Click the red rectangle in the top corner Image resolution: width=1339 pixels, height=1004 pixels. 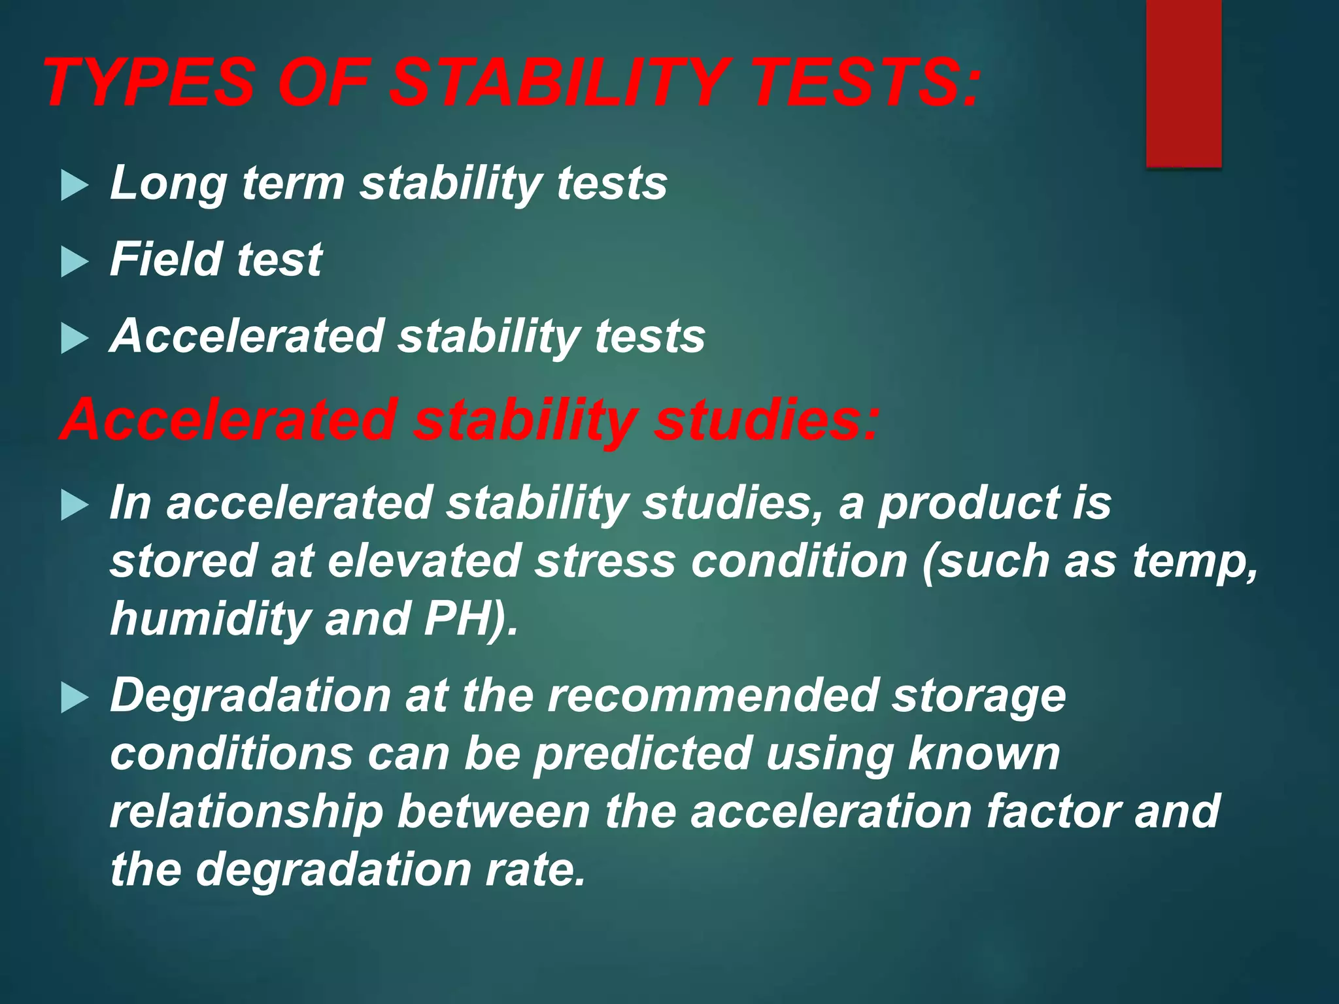1183,84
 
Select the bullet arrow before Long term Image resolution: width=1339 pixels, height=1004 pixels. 75,186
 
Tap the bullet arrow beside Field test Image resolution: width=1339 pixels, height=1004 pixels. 75,263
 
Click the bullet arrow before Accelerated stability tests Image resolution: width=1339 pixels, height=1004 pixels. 75,339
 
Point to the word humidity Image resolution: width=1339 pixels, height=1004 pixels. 209,620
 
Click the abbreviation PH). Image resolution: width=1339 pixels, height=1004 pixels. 471,620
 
